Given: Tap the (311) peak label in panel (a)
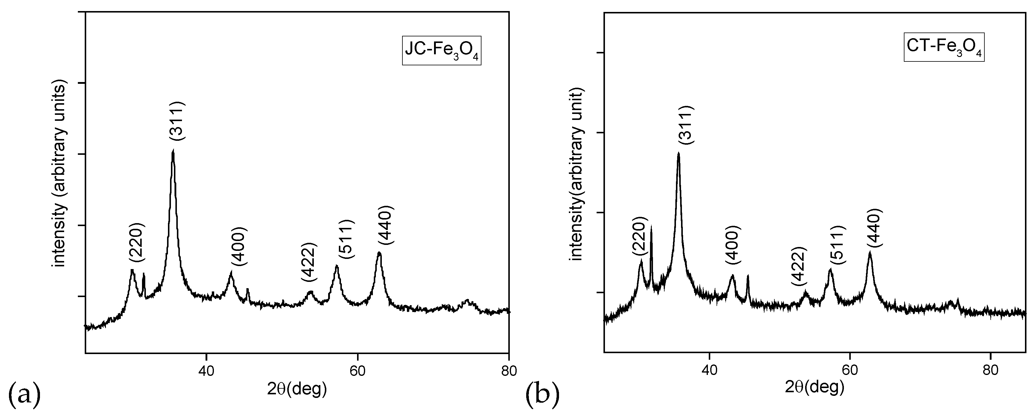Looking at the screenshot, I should (x=177, y=121).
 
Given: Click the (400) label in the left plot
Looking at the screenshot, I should (x=239, y=246).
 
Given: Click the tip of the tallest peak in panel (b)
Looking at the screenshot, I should (x=678, y=153).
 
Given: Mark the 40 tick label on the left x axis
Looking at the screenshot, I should (x=206, y=371).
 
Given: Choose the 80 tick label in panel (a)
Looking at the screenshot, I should (x=509, y=371).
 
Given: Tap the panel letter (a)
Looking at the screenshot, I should (x=24, y=396).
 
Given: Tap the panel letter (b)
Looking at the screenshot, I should (x=543, y=396).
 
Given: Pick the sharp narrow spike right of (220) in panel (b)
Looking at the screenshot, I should (x=651, y=228).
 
